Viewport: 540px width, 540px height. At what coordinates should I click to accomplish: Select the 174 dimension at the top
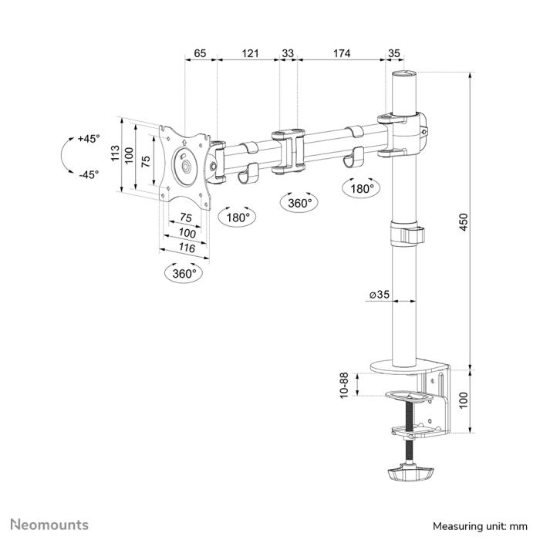click(x=342, y=53)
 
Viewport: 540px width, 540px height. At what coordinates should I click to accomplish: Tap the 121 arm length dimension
click(x=249, y=53)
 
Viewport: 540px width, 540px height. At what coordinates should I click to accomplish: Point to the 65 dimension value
click(x=200, y=53)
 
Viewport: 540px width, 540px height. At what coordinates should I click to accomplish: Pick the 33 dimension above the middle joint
click(x=288, y=53)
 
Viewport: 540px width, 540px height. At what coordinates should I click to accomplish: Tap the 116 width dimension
click(x=186, y=248)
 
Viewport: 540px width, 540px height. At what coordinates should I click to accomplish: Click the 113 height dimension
click(x=115, y=154)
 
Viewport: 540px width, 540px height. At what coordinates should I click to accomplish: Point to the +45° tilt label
click(x=89, y=139)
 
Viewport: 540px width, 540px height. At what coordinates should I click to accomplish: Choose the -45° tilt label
click(x=89, y=174)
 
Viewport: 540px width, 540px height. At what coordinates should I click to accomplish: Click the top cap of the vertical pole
click(x=405, y=76)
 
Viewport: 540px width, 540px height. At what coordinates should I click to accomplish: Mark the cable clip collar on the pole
click(x=407, y=234)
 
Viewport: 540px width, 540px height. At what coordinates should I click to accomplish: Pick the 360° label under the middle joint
click(x=299, y=203)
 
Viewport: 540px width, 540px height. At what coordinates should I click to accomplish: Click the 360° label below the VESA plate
click(x=185, y=273)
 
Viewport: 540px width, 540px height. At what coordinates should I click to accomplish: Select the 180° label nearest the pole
click(x=361, y=188)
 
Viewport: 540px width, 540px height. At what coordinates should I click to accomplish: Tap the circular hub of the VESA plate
click(x=185, y=165)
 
